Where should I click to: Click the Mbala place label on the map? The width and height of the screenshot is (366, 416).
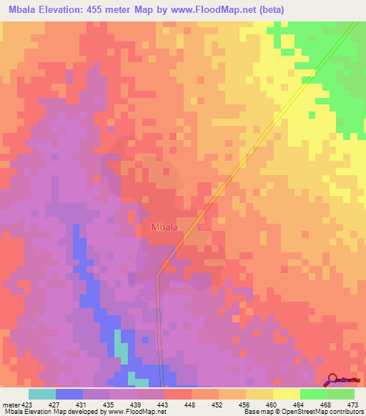pos(164,228)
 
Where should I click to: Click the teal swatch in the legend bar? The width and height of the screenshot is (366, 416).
pos(41,393)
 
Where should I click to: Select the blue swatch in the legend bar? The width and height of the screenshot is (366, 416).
pos(69,393)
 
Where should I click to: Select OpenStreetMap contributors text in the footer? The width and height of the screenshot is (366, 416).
pos(324,412)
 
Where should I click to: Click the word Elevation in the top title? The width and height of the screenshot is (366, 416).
pos(67,10)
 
